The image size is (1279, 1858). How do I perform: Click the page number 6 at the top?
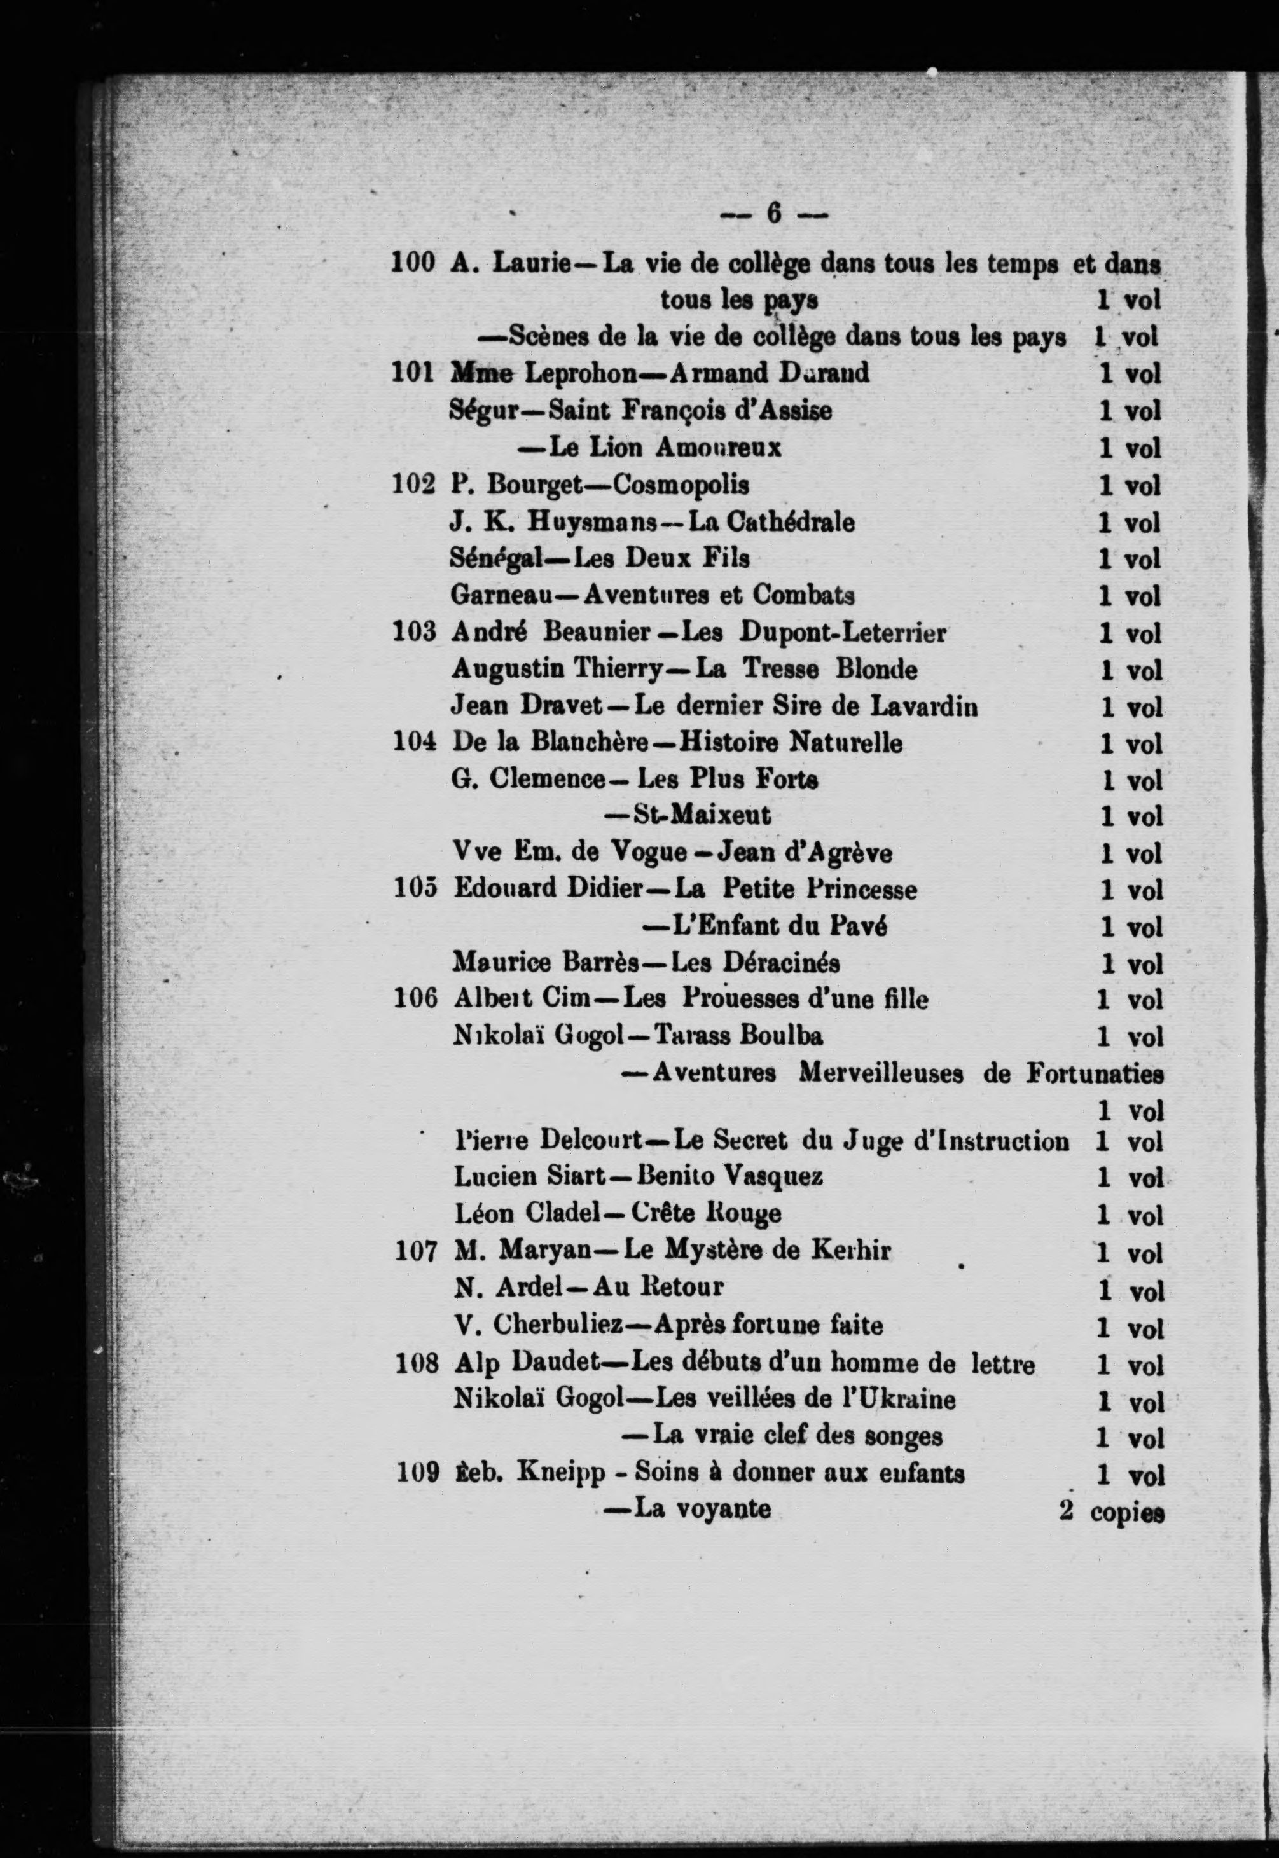773,212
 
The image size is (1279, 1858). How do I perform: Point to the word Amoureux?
717,447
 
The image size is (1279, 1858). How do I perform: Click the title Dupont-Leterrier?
842,632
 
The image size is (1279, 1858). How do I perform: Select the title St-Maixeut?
702,816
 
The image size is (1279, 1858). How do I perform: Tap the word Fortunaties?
1094,1073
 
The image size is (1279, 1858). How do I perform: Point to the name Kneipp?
561,1473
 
